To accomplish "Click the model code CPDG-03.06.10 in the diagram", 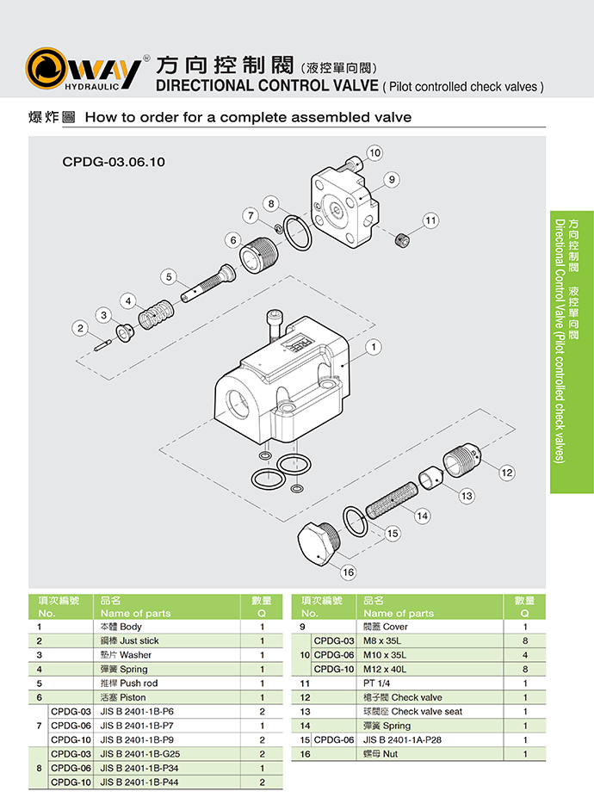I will (x=113, y=161).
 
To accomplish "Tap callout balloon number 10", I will (x=374, y=152).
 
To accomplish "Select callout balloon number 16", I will (x=348, y=572).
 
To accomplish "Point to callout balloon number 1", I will (x=374, y=348).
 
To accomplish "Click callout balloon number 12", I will (x=506, y=472).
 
